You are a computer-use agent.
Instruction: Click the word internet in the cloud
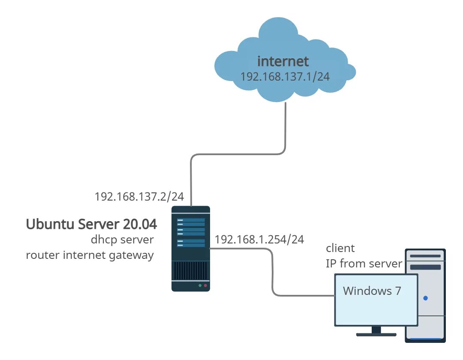pyautogui.click(x=283, y=61)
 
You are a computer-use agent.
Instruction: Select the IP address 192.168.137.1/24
pyautogui.click(x=285, y=77)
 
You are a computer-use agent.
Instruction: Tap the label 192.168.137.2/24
pyautogui.click(x=139, y=197)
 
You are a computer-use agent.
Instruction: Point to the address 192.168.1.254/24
pyautogui.click(x=259, y=240)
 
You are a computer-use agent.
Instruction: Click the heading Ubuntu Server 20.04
pyautogui.click(x=91, y=224)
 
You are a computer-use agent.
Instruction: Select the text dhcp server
pyautogui.click(x=122, y=240)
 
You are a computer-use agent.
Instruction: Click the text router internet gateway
pyautogui.click(x=90, y=255)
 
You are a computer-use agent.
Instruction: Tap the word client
pyautogui.click(x=340, y=248)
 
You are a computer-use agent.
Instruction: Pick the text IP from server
pyautogui.click(x=364, y=264)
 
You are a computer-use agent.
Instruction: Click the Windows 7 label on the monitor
pyautogui.click(x=372, y=291)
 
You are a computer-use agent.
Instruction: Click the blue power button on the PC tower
pyautogui.click(x=426, y=298)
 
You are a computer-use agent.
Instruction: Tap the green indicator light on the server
pyautogui.click(x=200, y=285)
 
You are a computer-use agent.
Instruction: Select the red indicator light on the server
pyautogui.click(x=205, y=285)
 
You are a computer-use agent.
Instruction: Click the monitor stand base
pyautogui.click(x=376, y=335)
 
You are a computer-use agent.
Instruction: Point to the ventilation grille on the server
pyautogui.click(x=191, y=270)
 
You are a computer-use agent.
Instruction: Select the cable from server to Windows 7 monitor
pyautogui.click(x=272, y=271)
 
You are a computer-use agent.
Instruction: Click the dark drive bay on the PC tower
pyautogui.click(x=426, y=267)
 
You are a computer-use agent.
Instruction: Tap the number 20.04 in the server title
pyautogui.click(x=140, y=224)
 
